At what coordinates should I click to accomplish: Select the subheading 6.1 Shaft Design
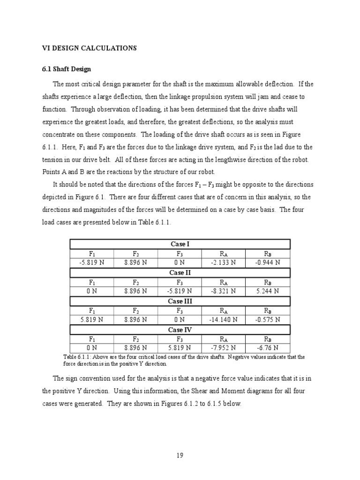67,69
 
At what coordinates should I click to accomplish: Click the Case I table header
180,244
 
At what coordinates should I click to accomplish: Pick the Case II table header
180,273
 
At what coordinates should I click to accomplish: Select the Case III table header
180,301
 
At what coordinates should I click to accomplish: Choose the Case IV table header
180,330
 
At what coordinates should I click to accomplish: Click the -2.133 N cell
224,262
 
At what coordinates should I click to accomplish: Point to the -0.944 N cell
268,262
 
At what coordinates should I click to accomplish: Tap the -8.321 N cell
224,291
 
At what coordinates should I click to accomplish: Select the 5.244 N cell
268,291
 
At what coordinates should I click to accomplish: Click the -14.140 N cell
224,320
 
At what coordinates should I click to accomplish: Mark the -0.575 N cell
268,320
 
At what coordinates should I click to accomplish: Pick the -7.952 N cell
224,348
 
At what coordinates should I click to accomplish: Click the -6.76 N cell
268,348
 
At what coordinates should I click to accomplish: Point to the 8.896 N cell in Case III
136,320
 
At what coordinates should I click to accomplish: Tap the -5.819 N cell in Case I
92,262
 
